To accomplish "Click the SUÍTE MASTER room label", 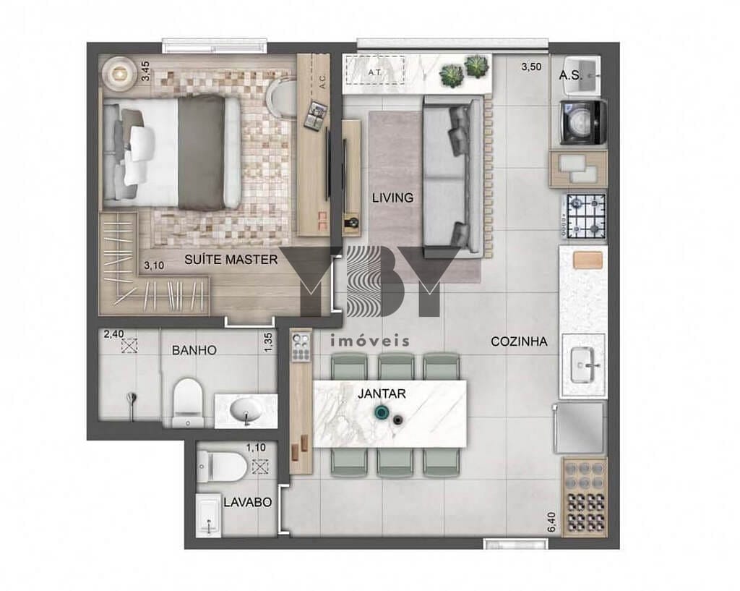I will [x=231, y=260].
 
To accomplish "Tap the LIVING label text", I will [x=392, y=197].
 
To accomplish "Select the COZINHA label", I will [x=518, y=342].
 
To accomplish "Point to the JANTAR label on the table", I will [x=382, y=394].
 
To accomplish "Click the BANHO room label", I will [x=194, y=350].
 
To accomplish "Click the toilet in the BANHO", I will [x=188, y=401].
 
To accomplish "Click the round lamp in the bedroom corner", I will [x=118, y=72].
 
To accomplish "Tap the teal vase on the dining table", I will [x=380, y=414].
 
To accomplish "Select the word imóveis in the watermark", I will [x=369, y=341].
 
